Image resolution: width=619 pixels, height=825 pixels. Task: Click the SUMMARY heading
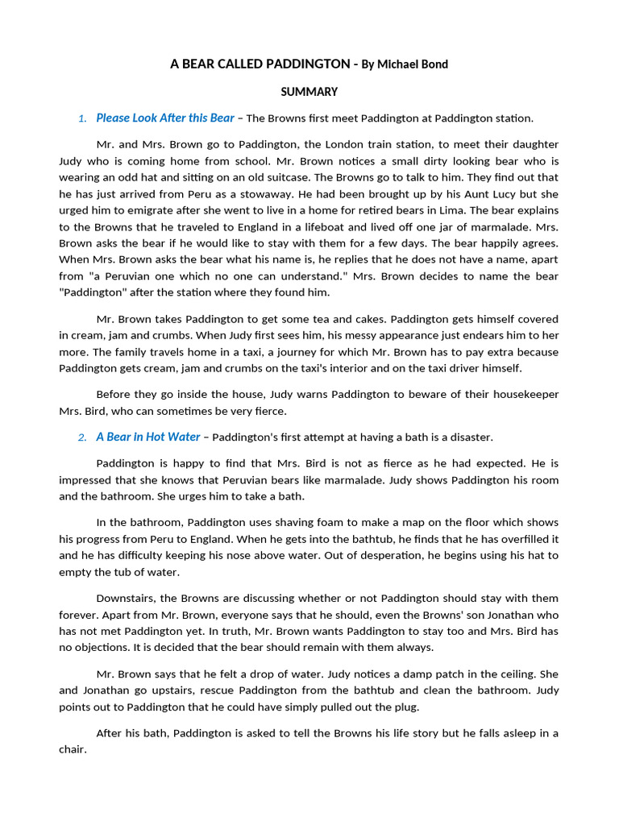[309, 92]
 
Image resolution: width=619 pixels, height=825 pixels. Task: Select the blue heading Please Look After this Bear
[165, 118]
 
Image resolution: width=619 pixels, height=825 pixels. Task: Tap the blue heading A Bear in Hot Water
[148, 437]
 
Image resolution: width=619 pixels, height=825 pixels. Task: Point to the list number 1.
[82, 119]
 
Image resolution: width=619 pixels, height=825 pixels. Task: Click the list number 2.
[82, 438]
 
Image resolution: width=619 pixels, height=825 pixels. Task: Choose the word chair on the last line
[73, 749]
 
